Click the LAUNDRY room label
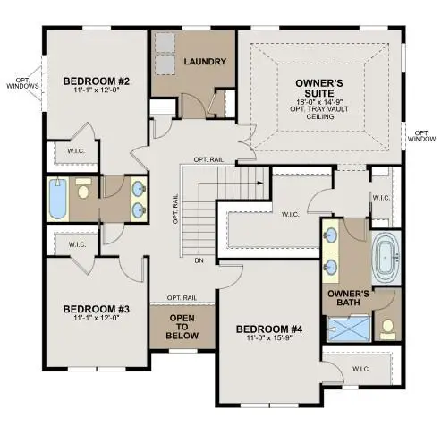coord(205,62)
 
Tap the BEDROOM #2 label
coord(97,81)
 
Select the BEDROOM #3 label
coord(97,309)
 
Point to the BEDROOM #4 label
coord(269,329)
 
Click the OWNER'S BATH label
coord(348,298)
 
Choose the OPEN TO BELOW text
coord(182,327)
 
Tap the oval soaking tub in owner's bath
coord(386,258)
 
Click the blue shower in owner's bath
coord(349,329)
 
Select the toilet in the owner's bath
coord(388,329)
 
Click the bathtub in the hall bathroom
coord(57,199)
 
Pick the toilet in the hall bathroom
coord(82,188)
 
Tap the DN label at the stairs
coord(199,260)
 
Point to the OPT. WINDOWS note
coord(23,83)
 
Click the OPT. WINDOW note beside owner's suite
coord(421,136)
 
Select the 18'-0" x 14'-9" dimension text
coord(319,101)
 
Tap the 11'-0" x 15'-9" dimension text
coord(269,337)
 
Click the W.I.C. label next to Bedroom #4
coord(361,369)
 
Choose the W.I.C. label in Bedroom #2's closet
coord(76,151)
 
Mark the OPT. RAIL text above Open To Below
coord(182,298)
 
